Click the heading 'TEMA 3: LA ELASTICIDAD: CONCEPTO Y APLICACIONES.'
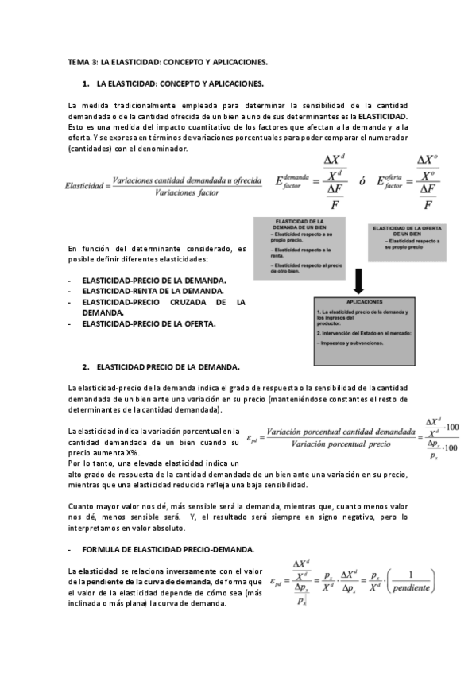click(x=167, y=61)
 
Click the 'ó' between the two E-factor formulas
click(x=362, y=182)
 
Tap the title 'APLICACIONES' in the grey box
click(x=359, y=302)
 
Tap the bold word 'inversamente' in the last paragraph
click(x=180, y=571)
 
